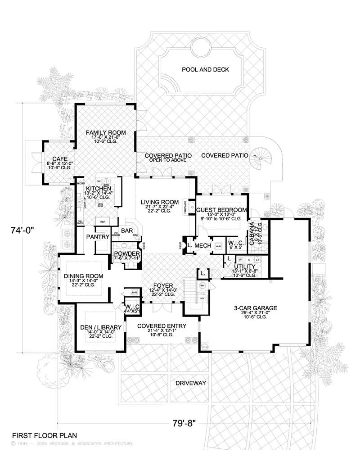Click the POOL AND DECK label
[205, 70]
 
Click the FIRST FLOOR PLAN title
[44, 436]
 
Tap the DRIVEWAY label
[191, 383]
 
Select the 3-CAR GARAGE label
[255, 308]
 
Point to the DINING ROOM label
[84, 276]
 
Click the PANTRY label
[98, 236]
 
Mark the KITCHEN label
[99, 188]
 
